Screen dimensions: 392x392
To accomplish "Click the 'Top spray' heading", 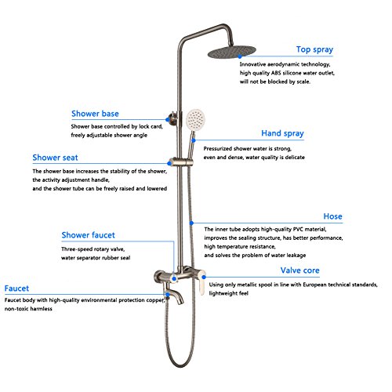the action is click(x=314, y=49).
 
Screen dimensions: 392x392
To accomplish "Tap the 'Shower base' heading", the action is click(x=95, y=114).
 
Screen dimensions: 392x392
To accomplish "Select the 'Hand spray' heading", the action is click(x=282, y=133).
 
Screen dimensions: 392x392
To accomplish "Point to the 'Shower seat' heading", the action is click(x=55, y=158).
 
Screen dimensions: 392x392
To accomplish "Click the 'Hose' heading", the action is click(x=332, y=216).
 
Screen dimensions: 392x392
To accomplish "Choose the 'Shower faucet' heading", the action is click(x=88, y=235).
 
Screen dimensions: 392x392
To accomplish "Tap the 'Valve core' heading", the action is click(x=300, y=270).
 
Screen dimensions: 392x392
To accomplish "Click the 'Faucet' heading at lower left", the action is click(x=16, y=289).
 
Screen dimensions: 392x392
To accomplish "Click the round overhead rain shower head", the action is click(x=231, y=52).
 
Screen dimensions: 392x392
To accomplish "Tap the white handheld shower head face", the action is click(x=195, y=119).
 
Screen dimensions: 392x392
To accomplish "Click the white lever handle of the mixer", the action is click(x=201, y=283).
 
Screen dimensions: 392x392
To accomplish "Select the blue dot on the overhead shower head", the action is click(x=240, y=56).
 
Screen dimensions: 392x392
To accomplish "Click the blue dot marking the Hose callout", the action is click(x=191, y=223).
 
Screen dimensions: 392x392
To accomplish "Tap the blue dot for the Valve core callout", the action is click(x=204, y=277).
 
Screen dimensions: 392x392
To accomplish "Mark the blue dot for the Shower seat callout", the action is click(x=169, y=163).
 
